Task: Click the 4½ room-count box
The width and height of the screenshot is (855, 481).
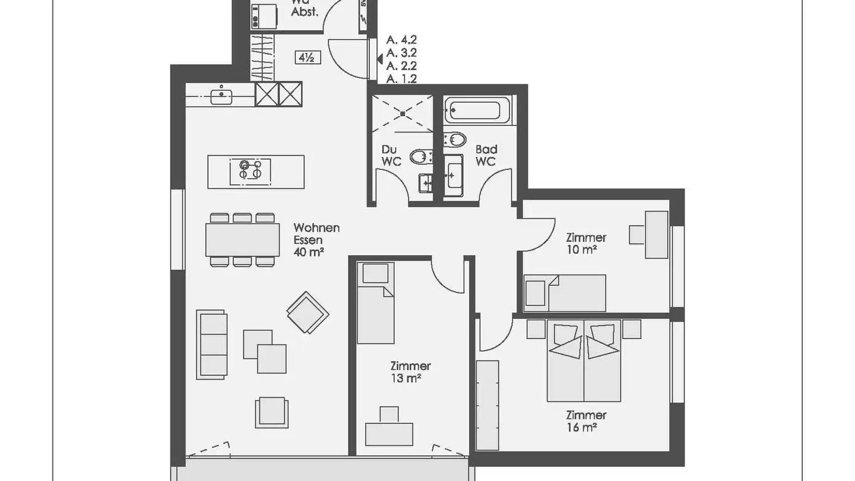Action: click(x=308, y=58)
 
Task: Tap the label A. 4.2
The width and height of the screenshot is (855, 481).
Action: click(x=401, y=40)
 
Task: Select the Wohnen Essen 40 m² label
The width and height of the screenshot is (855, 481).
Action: click(x=316, y=240)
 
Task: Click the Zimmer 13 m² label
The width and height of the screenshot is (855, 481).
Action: click(x=410, y=372)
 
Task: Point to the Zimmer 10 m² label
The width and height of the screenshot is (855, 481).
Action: click(x=585, y=243)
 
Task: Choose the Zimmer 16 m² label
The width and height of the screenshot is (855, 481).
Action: click(x=585, y=421)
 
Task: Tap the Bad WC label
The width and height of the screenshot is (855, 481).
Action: click(x=486, y=156)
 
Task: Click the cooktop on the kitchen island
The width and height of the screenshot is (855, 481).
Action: click(x=250, y=170)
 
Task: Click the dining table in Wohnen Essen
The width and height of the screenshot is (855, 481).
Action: click(x=242, y=240)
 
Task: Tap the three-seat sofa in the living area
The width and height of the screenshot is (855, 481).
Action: click(x=213, y=343)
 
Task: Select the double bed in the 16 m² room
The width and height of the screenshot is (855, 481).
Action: click(x=584, y=362)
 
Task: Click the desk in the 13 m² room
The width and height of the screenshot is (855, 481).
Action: click(x=389, y=433)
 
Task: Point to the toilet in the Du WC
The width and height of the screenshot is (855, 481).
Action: click(x=420, y=156)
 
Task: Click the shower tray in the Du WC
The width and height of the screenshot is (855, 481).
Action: click(x=403, y=113)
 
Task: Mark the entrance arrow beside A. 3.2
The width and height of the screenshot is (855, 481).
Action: click(x=379, y=58)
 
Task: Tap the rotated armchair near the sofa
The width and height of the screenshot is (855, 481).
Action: click(x=308, y=312)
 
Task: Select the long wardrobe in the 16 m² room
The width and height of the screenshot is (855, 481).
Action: click(x=488, y=404)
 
